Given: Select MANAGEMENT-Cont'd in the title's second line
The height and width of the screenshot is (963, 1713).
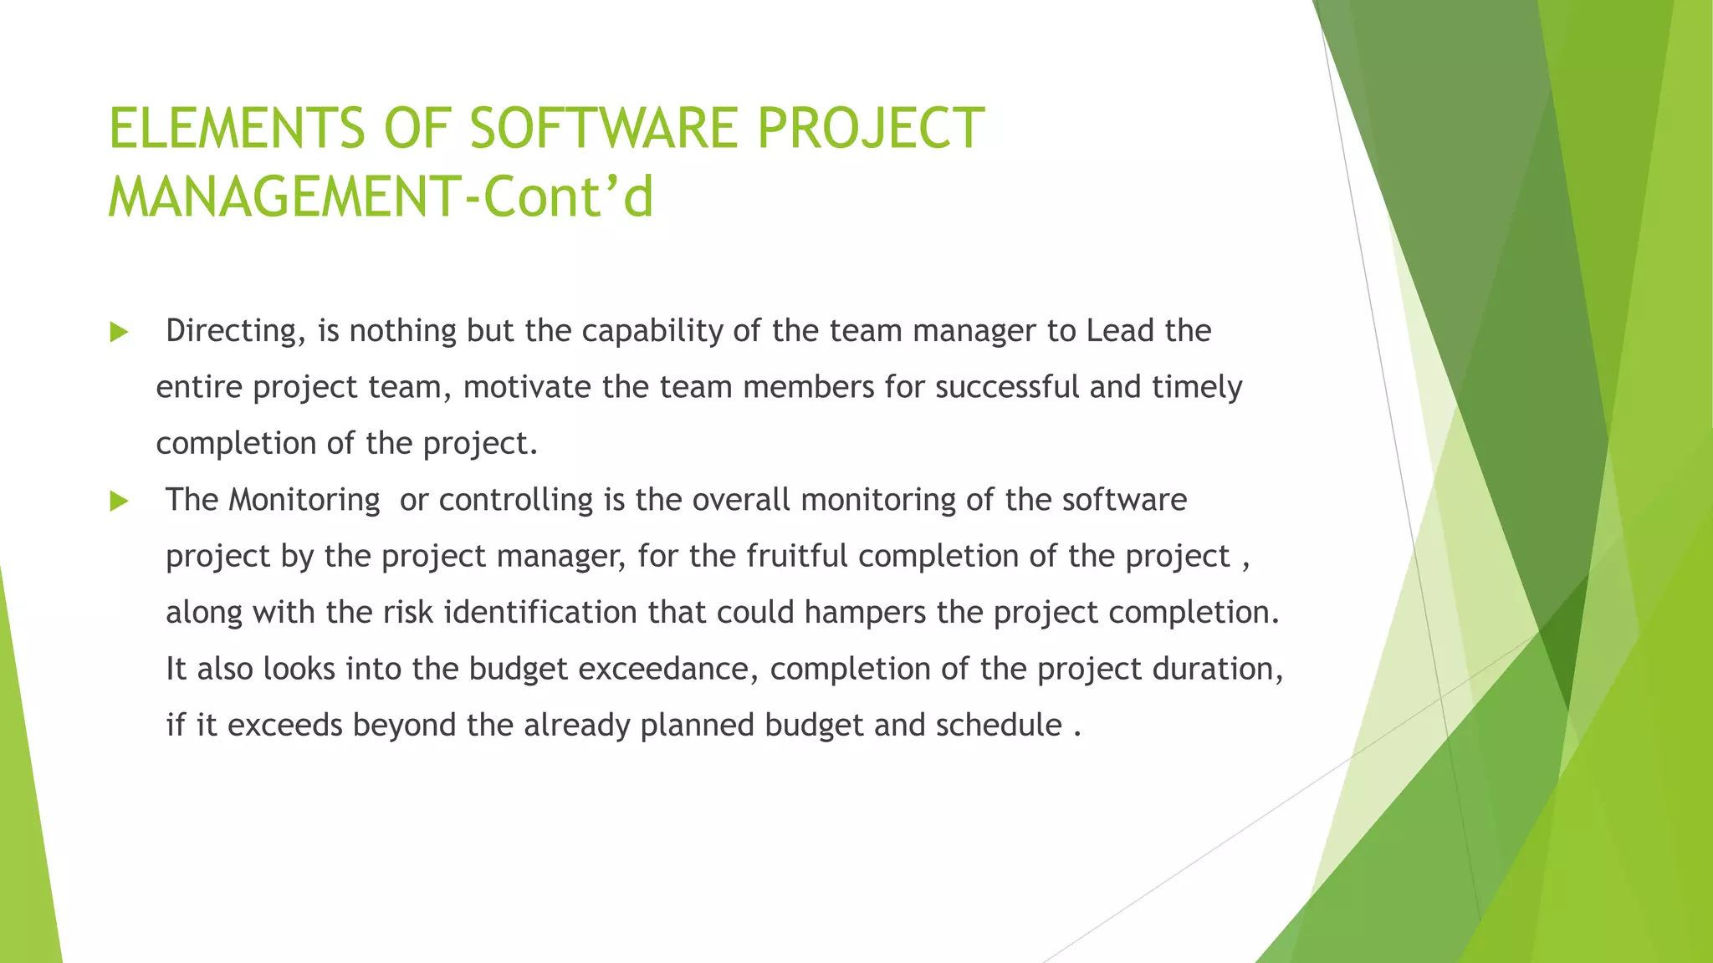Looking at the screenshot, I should (x=381, y=197).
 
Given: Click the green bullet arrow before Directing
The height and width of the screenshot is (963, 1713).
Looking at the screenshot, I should (x=119, y=333).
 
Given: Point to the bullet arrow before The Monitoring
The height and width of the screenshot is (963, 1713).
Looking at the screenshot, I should (x=119, y=502).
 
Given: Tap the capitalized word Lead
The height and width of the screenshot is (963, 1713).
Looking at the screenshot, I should (x=1120, y=331).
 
